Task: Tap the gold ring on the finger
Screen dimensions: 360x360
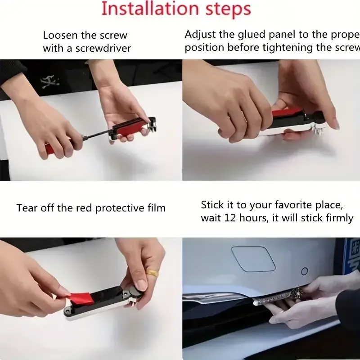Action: [x=153, y=273]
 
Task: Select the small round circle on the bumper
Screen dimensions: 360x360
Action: [x=305, y=271]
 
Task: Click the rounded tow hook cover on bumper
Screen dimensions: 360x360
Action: [x=253, y=259]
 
